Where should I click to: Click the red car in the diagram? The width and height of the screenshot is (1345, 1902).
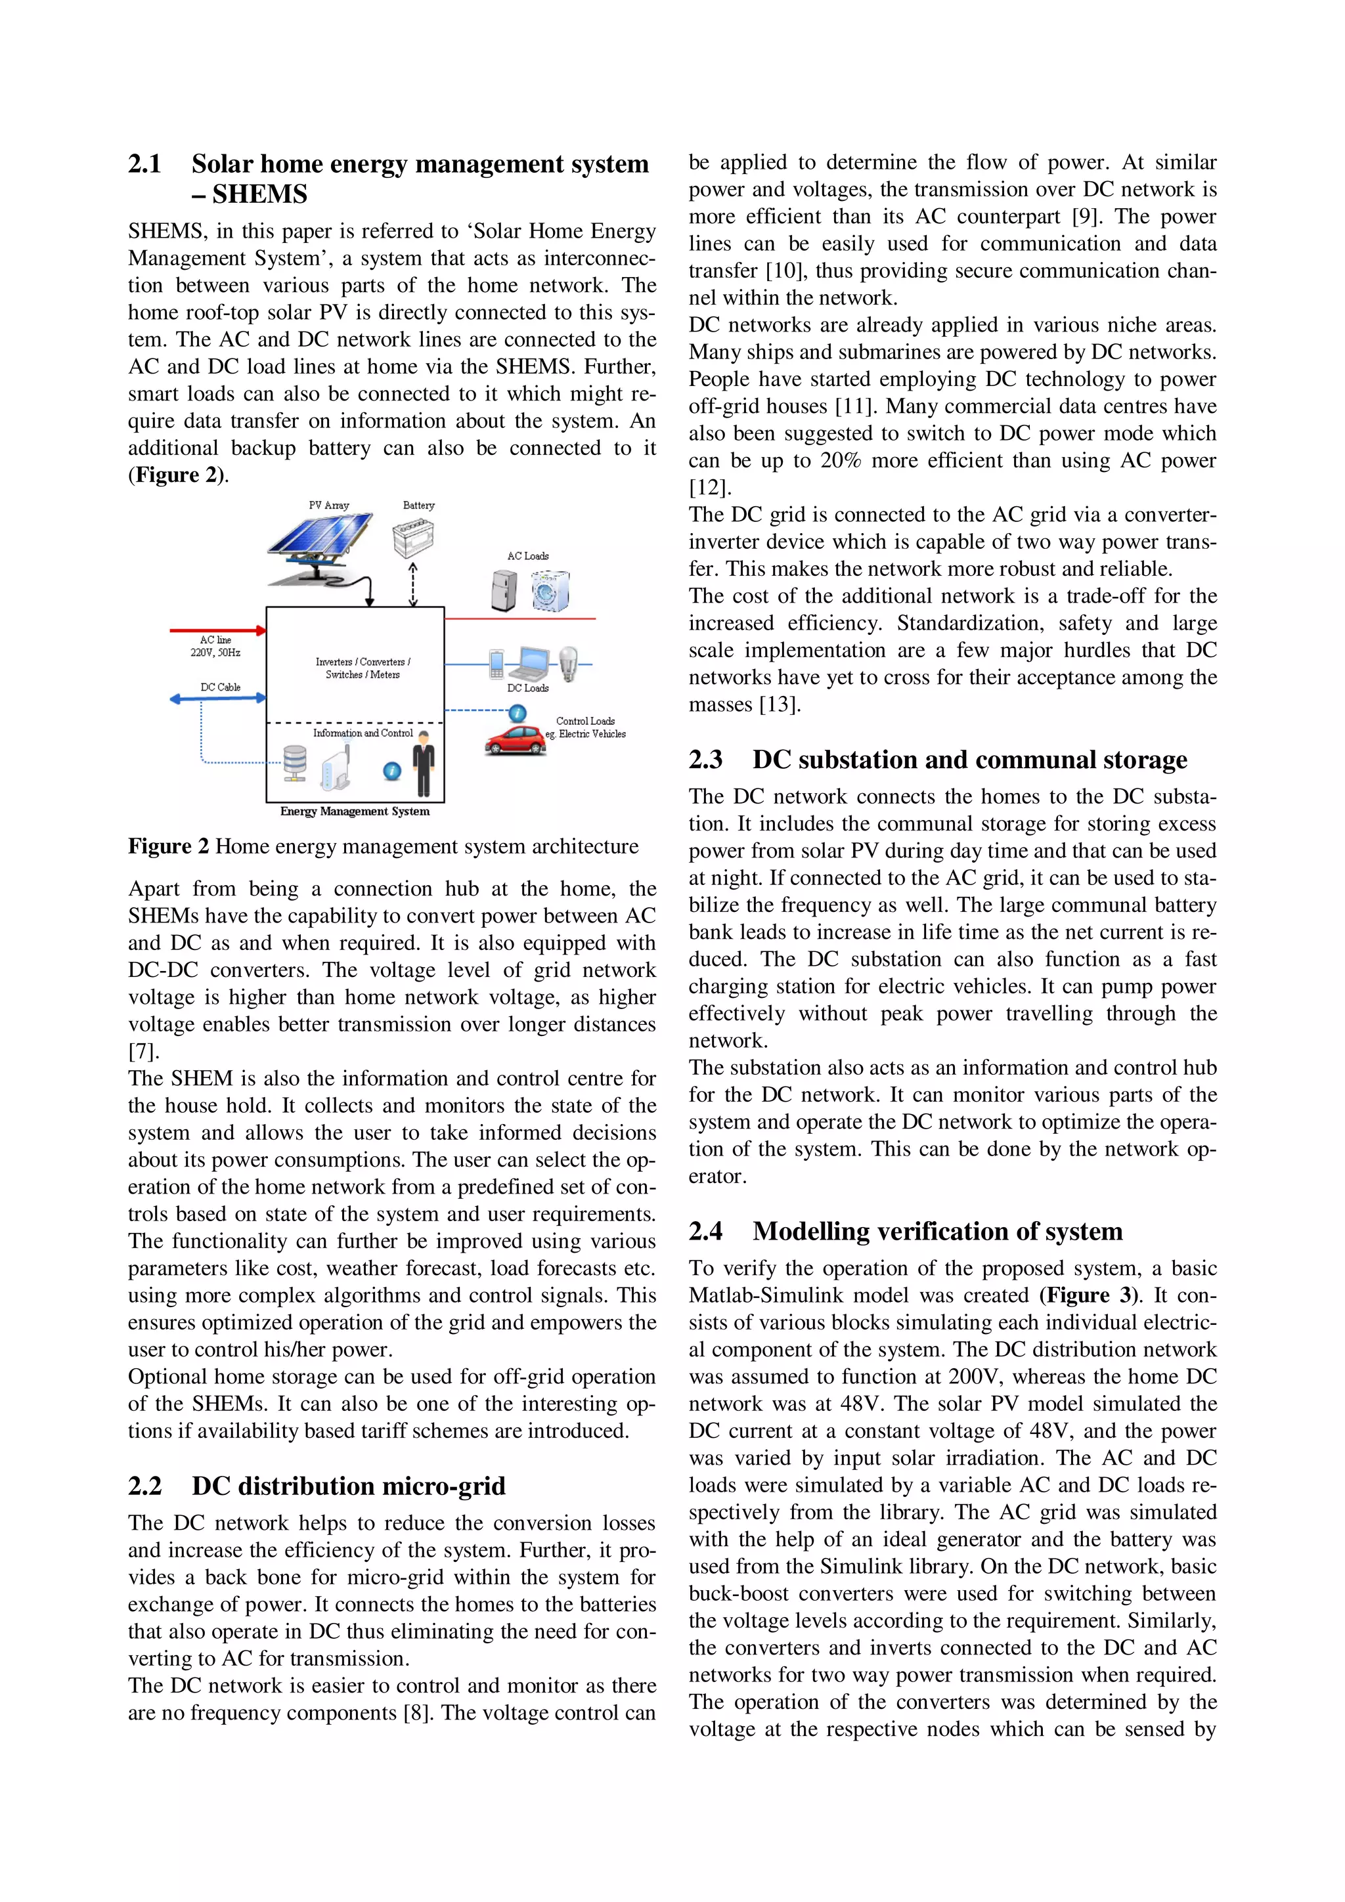[516, 740]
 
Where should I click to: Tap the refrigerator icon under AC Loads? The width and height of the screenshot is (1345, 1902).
[503, 590]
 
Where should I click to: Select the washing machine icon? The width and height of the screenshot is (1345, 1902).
[550, 590]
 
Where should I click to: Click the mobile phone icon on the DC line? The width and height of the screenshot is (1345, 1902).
[496, 664]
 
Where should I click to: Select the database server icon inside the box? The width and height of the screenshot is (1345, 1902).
[294, 763]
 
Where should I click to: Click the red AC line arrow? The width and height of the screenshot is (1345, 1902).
[218, 630]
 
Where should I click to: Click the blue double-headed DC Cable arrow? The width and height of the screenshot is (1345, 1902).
[218, 699]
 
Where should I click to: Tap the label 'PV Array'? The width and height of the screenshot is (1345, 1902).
[329, 506]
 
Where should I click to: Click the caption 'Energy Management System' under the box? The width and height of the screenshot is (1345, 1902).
[355, 811]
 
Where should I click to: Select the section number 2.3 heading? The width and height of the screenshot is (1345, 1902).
[705, 760]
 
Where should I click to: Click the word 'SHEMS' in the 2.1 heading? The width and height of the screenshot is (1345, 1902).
[259, 195]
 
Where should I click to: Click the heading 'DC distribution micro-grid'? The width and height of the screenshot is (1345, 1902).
[348, 1485]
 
